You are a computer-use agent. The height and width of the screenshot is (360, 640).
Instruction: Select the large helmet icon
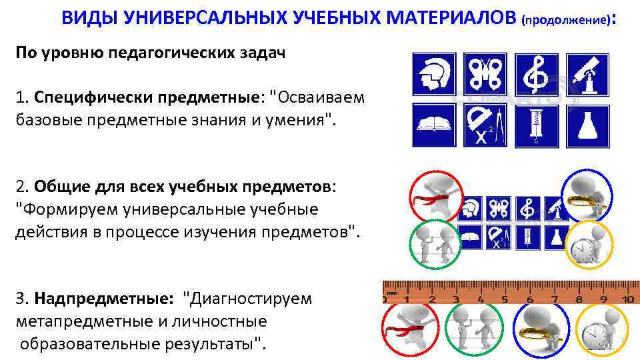[x=435, y=75]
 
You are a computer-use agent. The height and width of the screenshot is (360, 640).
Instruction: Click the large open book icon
[x=435, y=125]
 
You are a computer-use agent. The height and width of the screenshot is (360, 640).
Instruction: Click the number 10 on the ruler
[x=627, y=299]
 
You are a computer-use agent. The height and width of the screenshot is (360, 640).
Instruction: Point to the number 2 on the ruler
[x=431, y=299]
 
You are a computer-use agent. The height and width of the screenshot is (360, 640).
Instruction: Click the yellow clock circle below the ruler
[x=598, y=330]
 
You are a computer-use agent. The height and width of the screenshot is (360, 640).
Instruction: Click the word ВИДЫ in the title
[x=89, y=19]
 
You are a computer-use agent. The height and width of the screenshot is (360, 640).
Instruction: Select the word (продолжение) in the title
[x=567, y=20]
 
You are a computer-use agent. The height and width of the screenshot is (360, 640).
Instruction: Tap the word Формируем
[x=64, y=209]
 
